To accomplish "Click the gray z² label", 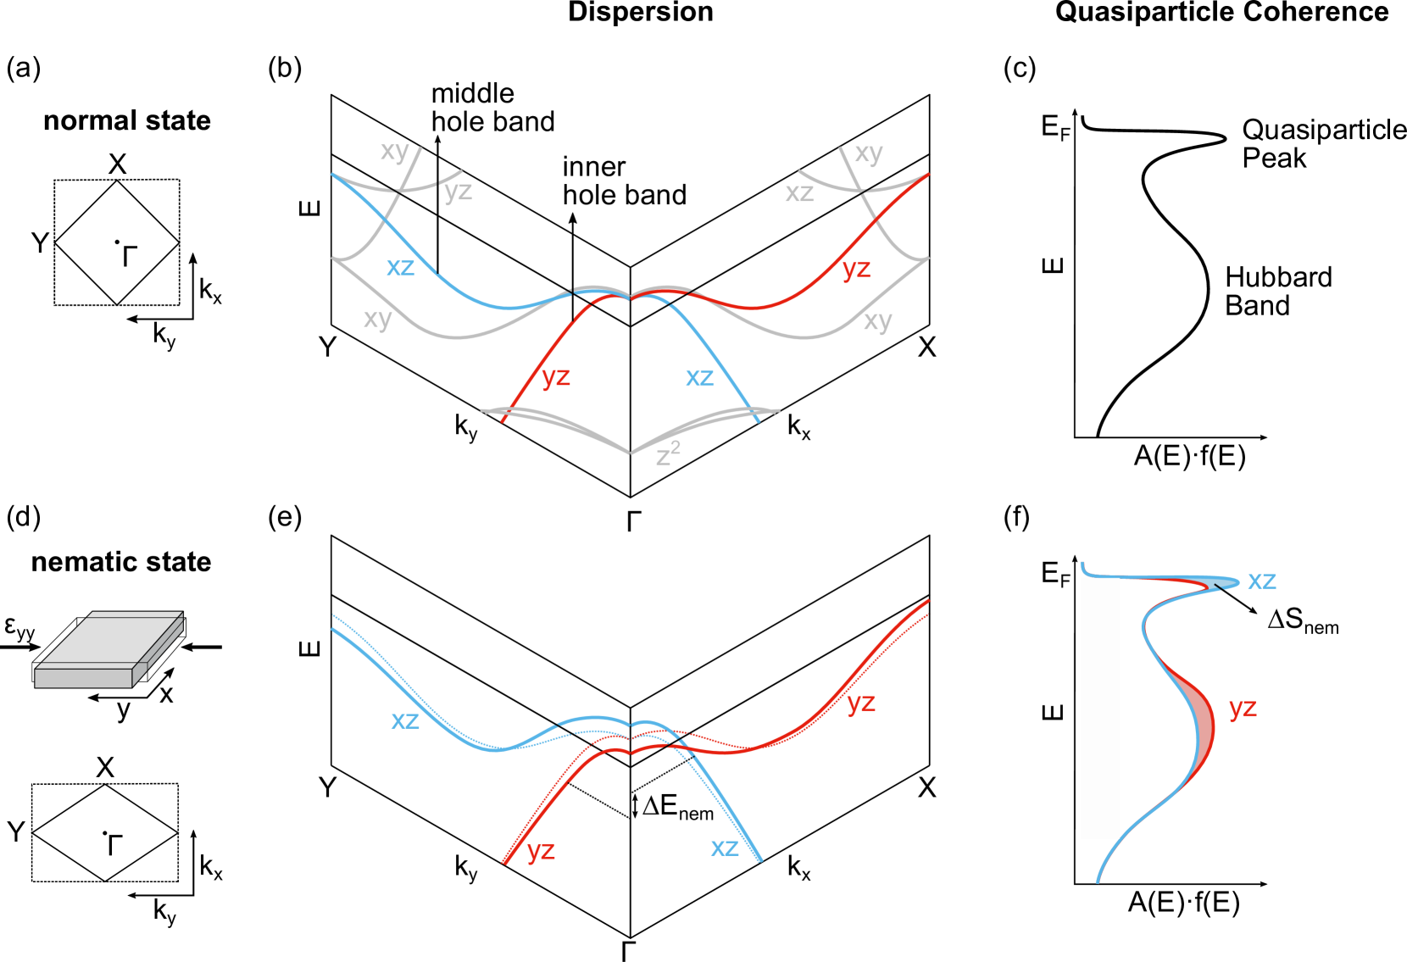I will [x=668, y=454].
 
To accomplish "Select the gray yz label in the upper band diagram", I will [x=458, y=192].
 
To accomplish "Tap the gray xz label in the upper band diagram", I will [x=799, y=193].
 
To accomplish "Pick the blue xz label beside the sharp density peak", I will [x=1261, y=581].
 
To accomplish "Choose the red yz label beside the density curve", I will [x=1243, y=708].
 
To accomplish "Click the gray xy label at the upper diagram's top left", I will [x=395, y=151].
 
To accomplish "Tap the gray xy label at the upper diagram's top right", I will [x=869, y=153].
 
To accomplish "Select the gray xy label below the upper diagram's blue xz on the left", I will [x=378, y=319].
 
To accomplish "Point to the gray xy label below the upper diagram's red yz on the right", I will [x=878, y=321].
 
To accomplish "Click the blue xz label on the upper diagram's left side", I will [x=400, y=268].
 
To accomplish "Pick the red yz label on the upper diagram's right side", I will [x=856, y=270].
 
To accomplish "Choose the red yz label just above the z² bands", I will [x=556, y=376].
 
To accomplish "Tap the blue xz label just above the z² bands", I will [x=699, y=378].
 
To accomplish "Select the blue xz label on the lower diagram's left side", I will [x=405, y=720].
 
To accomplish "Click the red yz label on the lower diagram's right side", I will [x=861, y=703].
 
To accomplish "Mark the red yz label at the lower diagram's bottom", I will [x=541, y=850].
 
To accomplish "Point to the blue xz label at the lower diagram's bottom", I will [x=725, y=848].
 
